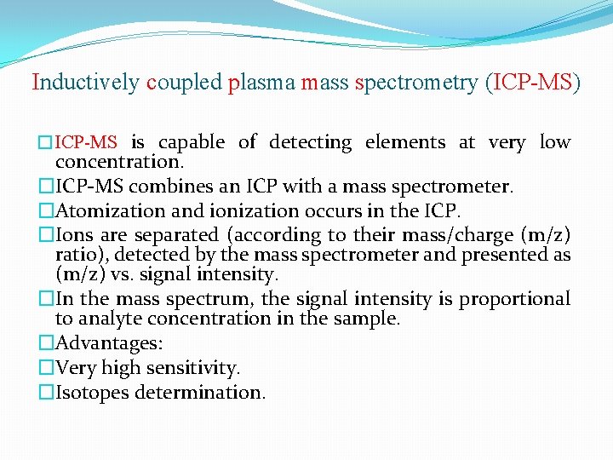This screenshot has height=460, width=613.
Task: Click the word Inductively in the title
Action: coord(85,83)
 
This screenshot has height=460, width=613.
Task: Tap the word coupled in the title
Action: coord(184,83)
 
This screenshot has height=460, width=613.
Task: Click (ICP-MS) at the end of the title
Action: coord(531,83)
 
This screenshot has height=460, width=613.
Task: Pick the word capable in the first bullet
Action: coord(192,143)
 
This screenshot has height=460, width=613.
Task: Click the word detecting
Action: coord(310,143)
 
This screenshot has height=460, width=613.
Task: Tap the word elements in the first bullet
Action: coord(405,143)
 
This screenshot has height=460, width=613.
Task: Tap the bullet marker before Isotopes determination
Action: coord(46,393)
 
